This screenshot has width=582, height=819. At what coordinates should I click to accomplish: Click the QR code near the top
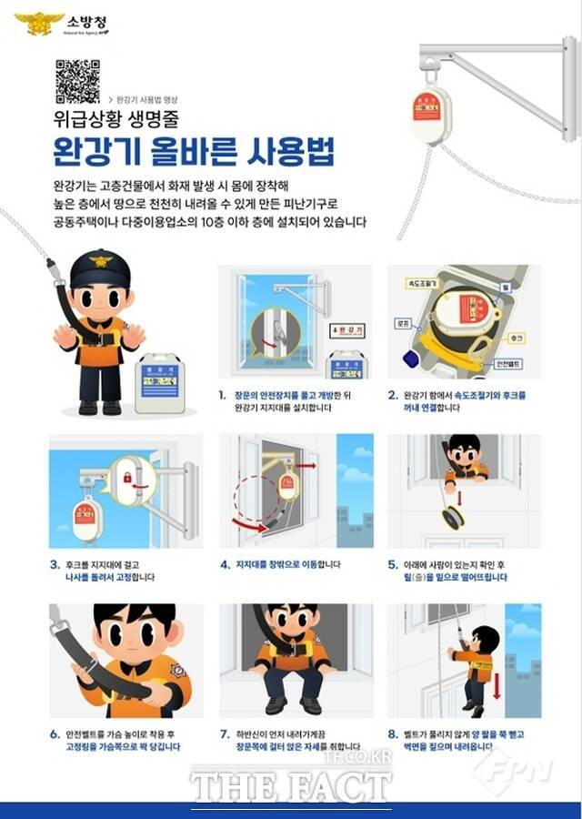[77, 81]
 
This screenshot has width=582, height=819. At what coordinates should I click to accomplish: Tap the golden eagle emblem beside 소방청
[39, 23]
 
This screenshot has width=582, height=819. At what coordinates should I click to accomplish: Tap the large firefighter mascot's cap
[94, 266]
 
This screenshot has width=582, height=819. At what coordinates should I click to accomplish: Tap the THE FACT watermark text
[291, 784]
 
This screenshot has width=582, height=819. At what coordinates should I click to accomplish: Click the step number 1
[223, 395]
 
